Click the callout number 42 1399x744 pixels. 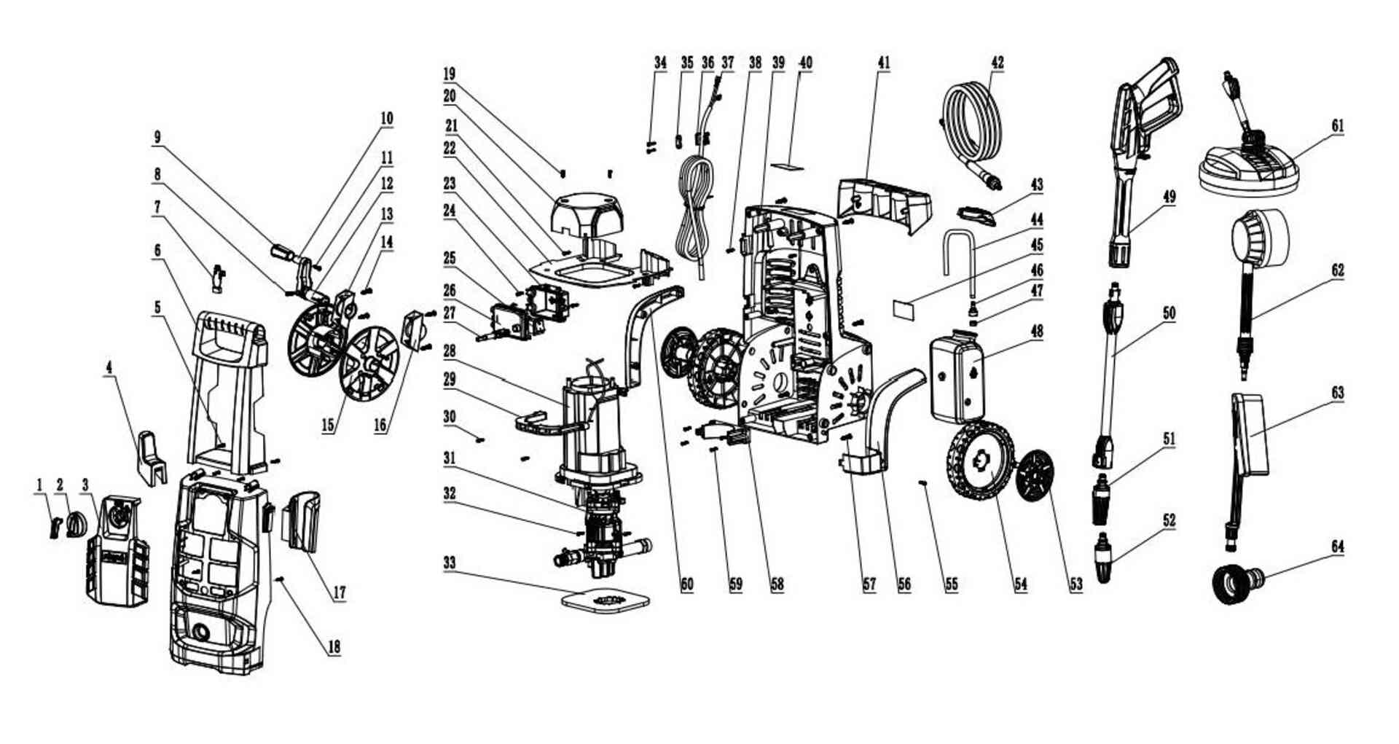pyautogui.click(x=998, y=63)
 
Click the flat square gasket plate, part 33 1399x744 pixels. pyautogui.click(x=606, y=600)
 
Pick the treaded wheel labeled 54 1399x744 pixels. pyautogui.click(x=980, y=461)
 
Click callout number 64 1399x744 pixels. pyautogui.click(x=1338, y=547)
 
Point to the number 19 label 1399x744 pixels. pyautogui.click(x=450, y=74)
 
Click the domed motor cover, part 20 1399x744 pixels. pyautogui.click(x=589, y=214)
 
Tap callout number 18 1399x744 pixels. pyautogui.click(x=334, y=646)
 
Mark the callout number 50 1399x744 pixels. pyautogui.click(x=1169, y=313)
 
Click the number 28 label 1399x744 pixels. pyautogui.click(x=450, y=351)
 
